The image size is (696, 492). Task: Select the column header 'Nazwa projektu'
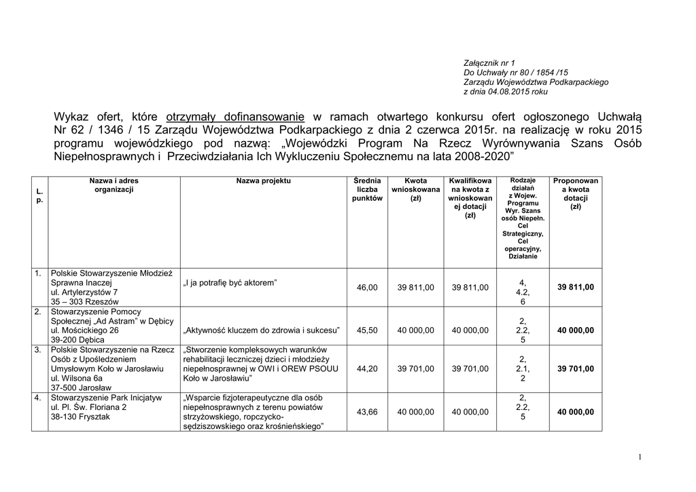pyautogui.click(x=264, y=181)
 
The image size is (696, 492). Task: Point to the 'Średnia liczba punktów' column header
pyautogui.click(x=367, y=189)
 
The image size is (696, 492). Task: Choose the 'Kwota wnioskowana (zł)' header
pyautogui.click(x=416, y=189)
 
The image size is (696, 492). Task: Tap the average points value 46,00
pyautogui.click(x=367, y=288)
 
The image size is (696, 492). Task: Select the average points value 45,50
pyautogui.click(x=367, y=330)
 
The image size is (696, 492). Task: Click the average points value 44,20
pyautogui.click(x=367, y=368)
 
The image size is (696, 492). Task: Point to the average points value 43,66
pyautogui.click(x=367, y=412)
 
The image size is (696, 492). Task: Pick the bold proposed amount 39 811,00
pyautogui.click(x=575, y=288)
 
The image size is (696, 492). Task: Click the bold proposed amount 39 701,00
pyautogui.click(x=575, y=368)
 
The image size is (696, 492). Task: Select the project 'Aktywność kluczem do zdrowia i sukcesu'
pyautogui.click(x=262, y=330)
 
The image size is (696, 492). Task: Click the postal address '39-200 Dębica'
pyautogui.click(x=77, y=339)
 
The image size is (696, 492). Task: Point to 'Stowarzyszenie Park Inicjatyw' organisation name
pyautogui.click(x=107, y=397)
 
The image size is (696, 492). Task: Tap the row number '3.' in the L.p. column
pyautogui.click(x=38, y=349)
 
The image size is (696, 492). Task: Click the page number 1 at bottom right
pyautogui.click(x=641, y=457)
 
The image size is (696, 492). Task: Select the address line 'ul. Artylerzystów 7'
pyautogui.click(x=84, y=292)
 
